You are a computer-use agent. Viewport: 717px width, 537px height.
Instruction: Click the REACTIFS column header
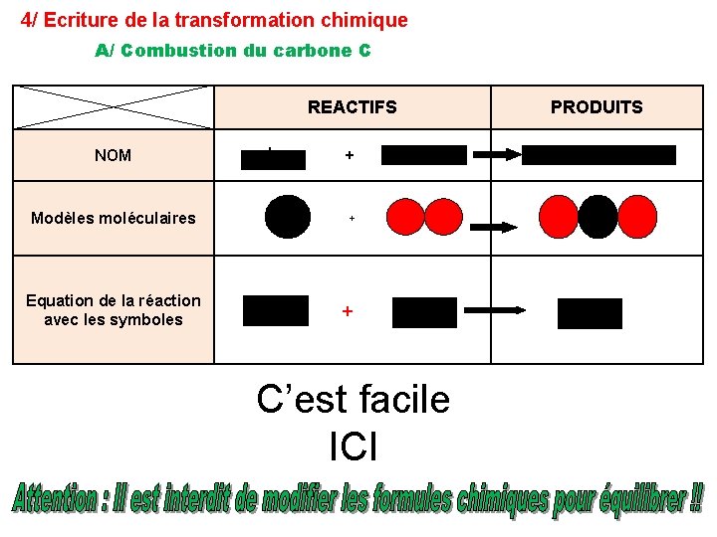click(x=352, y=107)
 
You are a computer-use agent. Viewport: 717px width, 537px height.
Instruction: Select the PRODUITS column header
click(x=597, y=107)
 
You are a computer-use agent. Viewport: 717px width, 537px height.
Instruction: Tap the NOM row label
click(x=113, y=155)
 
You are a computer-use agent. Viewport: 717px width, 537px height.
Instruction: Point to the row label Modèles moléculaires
click(x=114, y=218)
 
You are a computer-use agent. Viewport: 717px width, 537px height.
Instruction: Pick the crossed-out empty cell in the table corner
click(x=113, y=106)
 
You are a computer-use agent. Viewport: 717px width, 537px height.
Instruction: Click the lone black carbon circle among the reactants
click(x=288, y=217)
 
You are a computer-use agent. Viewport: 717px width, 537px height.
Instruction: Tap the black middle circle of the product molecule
click(x=597, y=216)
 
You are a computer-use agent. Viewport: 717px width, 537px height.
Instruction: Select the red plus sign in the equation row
click(x=347, y=311)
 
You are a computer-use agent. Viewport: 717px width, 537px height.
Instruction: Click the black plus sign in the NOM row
click(x=349, y=155)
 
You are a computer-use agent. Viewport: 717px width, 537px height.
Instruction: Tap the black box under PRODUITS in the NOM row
click(x=598, y=155)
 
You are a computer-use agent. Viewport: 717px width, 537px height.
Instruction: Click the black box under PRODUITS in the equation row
click(x=590, y=313)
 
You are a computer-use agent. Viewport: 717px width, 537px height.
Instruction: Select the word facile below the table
click(x=400, y=400)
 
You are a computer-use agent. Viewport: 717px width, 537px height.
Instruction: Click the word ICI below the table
click(x=353, y=447)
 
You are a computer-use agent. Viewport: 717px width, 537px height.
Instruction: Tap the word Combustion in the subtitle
click(x=179, y=50)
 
